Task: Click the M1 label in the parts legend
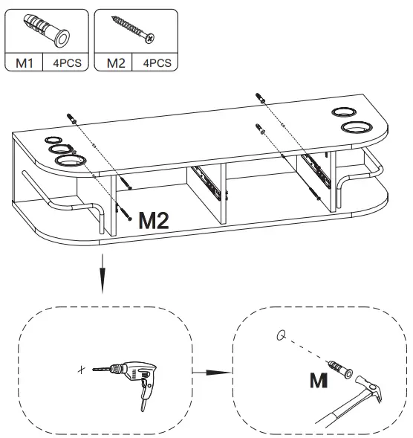(x=25, y=63)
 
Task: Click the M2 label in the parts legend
(x=114, y=63)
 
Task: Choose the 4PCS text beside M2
(x=155, y=63)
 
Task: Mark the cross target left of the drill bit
(x=81, y=369)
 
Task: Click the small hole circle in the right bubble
(x=280, y=335)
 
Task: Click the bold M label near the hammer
(x=318, y=381)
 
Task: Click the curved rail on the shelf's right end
(x=370, y=167)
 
